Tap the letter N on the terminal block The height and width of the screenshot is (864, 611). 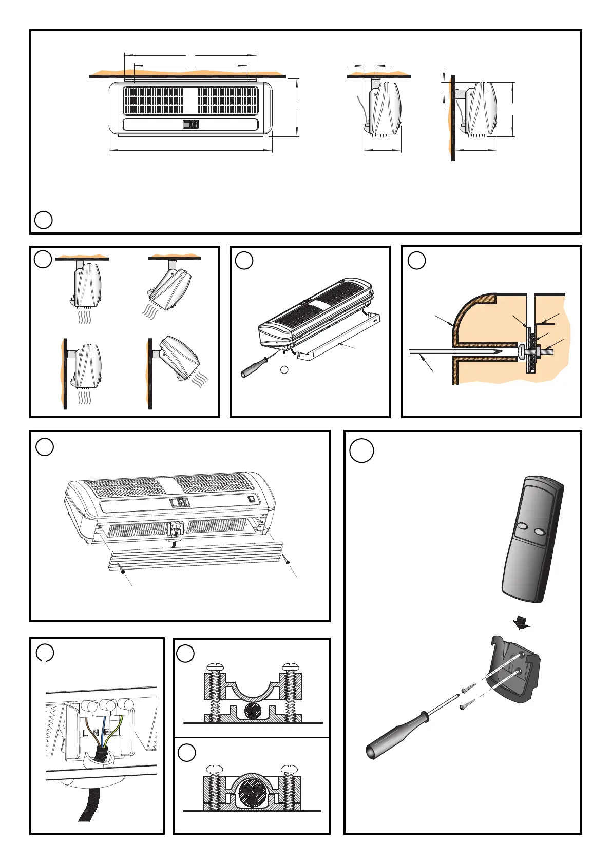click(x=96, y=733)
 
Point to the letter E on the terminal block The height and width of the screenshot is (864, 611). click(x=106, y=732)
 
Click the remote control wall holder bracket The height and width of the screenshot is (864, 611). click(x=513, y=670)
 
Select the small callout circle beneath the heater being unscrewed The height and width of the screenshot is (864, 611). click(x=285, y=369)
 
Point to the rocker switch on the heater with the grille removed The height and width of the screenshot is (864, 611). click(x=251, y=498)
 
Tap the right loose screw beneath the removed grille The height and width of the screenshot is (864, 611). click(x=288, y=563)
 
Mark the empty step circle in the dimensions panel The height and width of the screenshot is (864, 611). click(x=44, y=220)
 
